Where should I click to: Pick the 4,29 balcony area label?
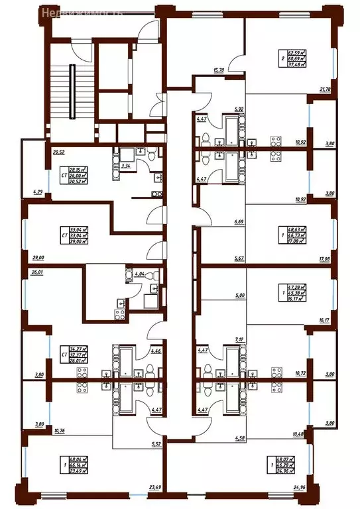point(29,193)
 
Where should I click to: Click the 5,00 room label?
point(240,297)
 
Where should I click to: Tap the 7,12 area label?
point(240,339)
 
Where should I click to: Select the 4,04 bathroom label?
point(139,273)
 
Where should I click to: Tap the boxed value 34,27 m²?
point(78,348)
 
